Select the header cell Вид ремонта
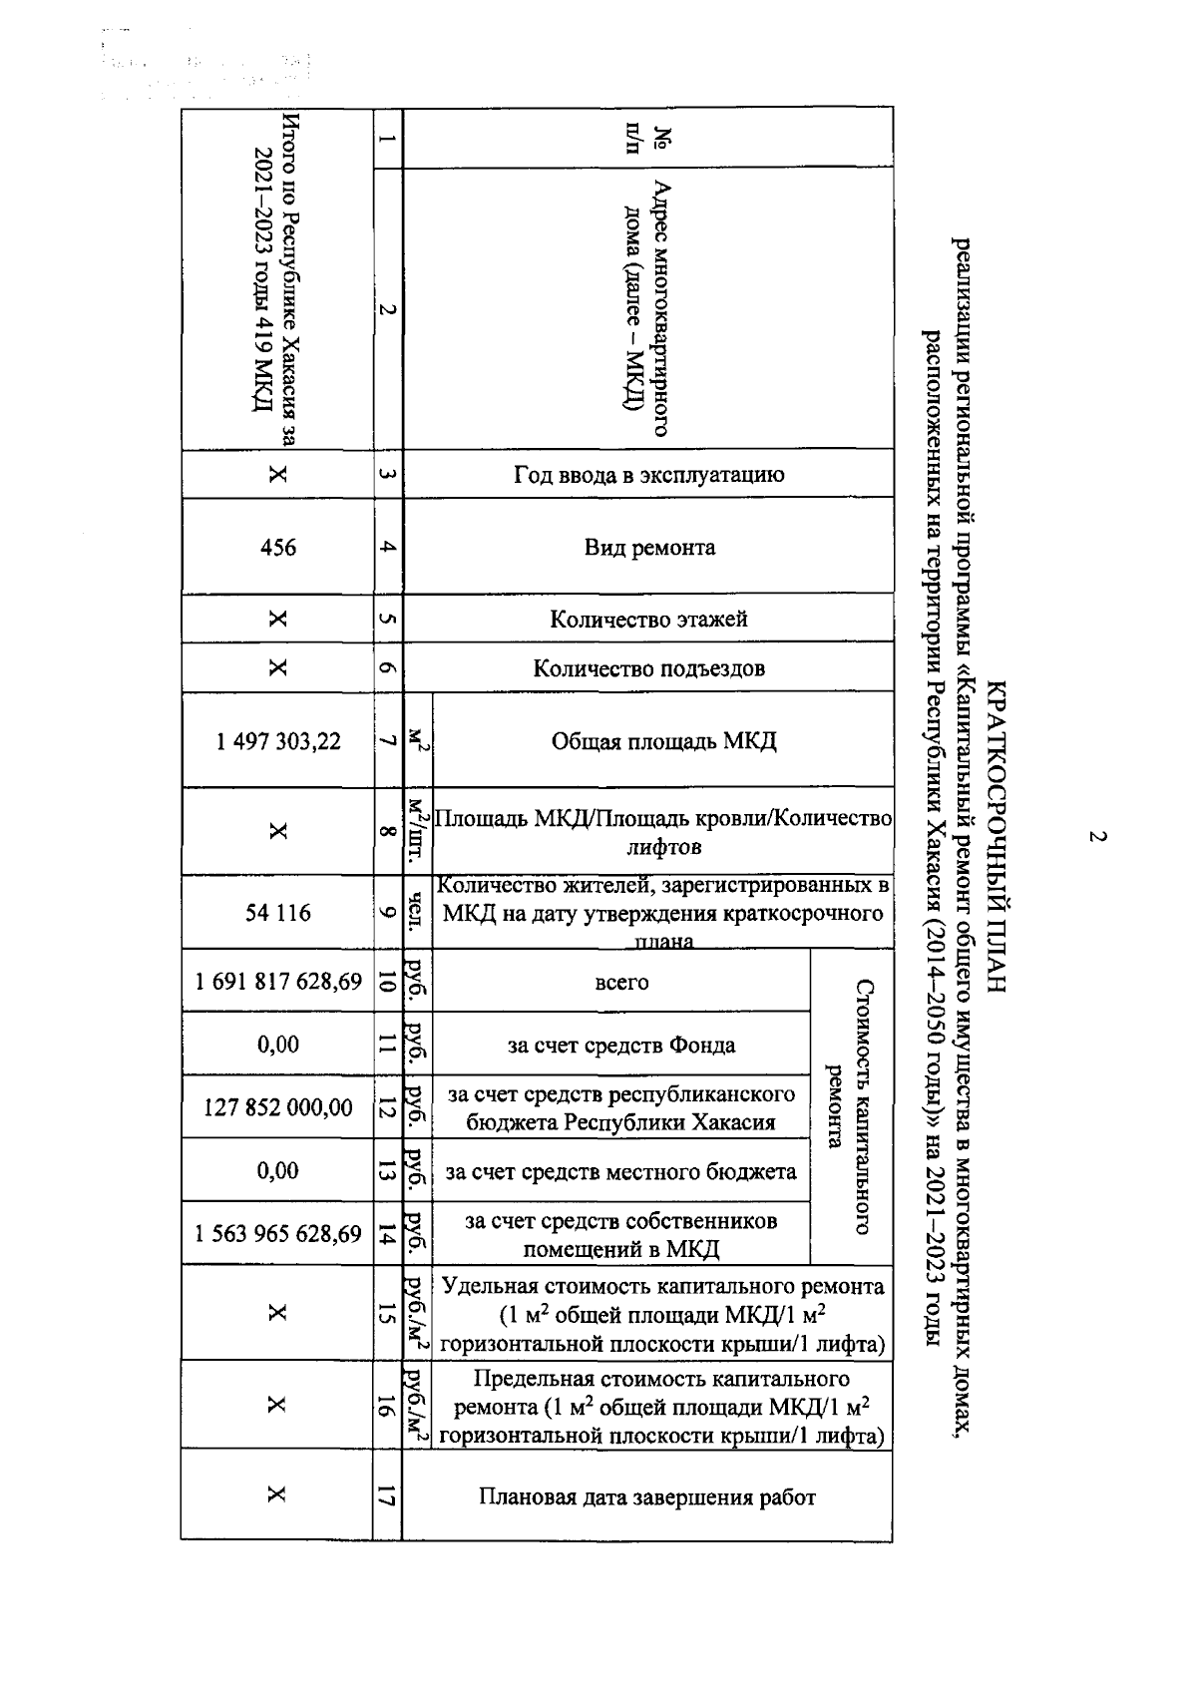pyautogui.click(x=649, y=548)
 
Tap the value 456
pyautogui.click(x=277, y=548)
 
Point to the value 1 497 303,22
pyautogui.click(x=278, y=741)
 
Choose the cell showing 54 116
pyautogui.click(x=278, y=913)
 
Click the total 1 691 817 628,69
pyautogui.click(x=278, y=982)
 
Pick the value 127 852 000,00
pyautogui.click(x=278, y=1107)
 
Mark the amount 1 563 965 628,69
pyautogui.click(x=278, y=1234)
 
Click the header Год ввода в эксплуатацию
pyautogui.click(x=649, y=475)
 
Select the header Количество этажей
pyautogui.click(x=649, y=620)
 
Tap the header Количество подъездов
pyautogui.click(x=649, y=668)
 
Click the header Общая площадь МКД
pyautogui.click(x=663, y=741)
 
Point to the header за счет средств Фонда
pyautogui.click(x=621, y=1046)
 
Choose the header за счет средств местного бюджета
pyautogui.click(x=621, y=1171)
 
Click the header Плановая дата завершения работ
pyautogui.click(x=647, y=1497)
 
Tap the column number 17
pyautogui.click(x=387, y=1496)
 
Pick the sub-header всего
pyautogui.click(x=621, y=982)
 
